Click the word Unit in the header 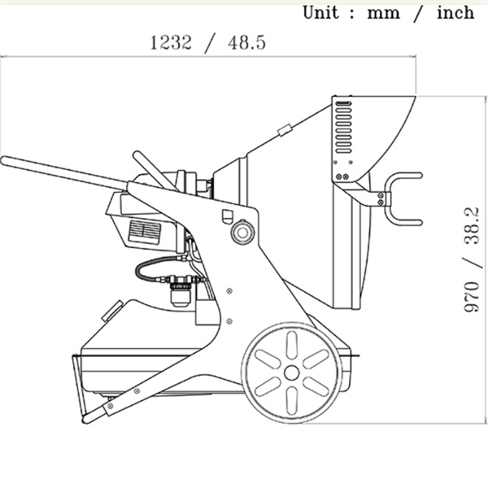coord(320,13)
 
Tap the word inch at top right coord(455,13)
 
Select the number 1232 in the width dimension coord(171,42)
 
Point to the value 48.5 coord(246,42)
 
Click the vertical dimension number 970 coord(472,297)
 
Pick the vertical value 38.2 coord(472,226)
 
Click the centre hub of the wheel coord(292,373)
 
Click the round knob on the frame coord(242,232)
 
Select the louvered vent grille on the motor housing coord(145,232)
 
